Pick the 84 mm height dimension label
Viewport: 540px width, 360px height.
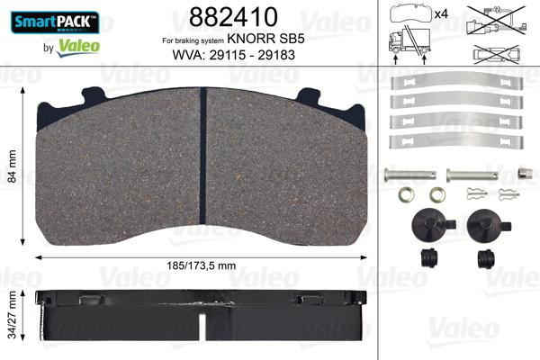[12, 166]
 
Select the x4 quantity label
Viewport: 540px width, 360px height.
[443, 13]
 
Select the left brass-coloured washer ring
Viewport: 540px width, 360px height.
[407, 194]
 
